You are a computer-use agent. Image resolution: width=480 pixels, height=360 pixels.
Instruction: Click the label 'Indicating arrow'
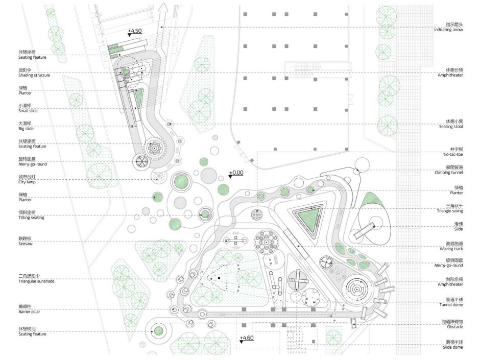(450, 30)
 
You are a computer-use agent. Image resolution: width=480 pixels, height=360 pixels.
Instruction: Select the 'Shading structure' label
(34, 75)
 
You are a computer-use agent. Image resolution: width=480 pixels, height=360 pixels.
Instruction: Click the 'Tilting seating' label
(31, 218)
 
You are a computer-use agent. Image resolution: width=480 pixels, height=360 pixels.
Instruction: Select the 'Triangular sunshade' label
(36, 281)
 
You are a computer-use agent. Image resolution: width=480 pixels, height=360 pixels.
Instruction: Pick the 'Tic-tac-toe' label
(452, 154)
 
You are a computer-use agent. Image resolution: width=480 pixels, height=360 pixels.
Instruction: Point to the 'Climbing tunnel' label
(449, 173)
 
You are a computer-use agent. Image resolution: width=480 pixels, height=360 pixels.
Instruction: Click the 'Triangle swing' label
(450, 211)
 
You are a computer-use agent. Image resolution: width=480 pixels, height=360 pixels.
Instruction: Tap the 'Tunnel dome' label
(451, 305)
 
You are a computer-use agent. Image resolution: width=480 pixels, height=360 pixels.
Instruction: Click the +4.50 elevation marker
(135, 31)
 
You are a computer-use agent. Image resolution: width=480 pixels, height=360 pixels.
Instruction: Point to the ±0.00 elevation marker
(235, 173)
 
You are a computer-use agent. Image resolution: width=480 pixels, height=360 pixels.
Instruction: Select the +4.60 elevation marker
(246, 338)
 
